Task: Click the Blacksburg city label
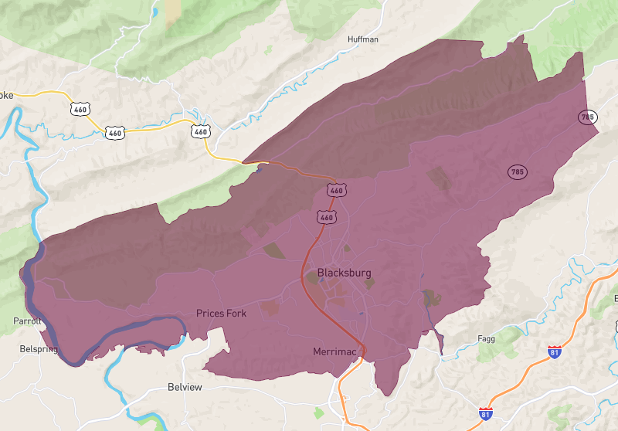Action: tap(344, 273)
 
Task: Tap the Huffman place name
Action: tap(363, 39)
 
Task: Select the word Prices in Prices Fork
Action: tap(209, 314)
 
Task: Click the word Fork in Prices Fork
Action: tap(238, 314)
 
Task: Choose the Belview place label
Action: tap(185, 387)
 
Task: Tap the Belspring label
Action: tap(39, 349)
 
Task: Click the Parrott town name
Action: tap(27, 321)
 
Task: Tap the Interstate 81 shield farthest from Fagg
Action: tap(485, 414)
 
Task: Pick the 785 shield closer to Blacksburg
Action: tap(517, 172)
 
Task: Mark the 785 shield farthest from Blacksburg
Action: tap(587, 117)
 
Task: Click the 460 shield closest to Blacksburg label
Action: tap(326, 218)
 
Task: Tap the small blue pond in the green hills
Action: tap(155, 12)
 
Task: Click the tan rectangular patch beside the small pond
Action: tap(172, 8)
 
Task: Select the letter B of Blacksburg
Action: tap(321, 273)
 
